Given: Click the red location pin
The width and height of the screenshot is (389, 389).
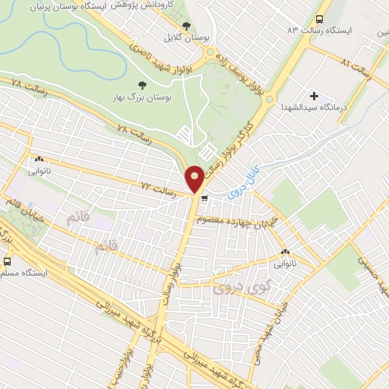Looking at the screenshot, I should (194, 178).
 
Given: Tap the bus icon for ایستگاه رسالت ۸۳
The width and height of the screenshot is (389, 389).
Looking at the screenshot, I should (319, 19).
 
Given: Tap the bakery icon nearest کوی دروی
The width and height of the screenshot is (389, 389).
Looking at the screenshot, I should (286, 253).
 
